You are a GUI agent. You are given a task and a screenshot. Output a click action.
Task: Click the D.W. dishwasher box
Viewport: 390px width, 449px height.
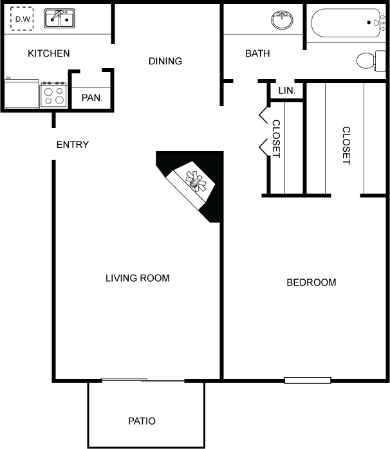[x=22, y=19]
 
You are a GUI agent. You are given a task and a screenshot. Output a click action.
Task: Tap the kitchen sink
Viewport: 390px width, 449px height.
[x=59, y=18]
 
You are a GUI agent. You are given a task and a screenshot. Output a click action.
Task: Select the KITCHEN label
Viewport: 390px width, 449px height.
[x=49, y=53]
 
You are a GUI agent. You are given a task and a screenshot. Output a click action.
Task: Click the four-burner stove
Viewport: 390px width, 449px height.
[x=53, y=95]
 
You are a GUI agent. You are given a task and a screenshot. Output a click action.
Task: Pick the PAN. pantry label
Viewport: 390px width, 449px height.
[x=92, y=98]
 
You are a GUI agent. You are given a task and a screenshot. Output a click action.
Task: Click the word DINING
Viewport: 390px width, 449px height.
[x=165, y=61]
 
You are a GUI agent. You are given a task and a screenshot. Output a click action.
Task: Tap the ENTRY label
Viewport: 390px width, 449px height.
[x=73, y=145]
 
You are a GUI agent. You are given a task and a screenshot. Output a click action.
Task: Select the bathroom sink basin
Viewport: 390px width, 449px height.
[x=283, y=20]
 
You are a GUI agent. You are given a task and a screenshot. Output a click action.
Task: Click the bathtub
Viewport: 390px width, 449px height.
[x=348, y=23]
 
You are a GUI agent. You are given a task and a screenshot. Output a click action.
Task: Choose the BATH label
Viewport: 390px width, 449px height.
[x=257, y=53]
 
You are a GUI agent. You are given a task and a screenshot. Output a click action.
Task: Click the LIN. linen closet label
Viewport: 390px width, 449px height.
[x=286, y=91]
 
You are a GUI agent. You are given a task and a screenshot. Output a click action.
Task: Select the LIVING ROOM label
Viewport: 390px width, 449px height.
[x=138, y=278]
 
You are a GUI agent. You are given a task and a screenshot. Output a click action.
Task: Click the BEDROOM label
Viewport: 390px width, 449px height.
[x=311, y=282]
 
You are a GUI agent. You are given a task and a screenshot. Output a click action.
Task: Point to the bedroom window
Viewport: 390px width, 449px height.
[x=308, y=380]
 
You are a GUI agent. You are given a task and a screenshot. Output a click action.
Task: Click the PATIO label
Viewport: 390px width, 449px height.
[x=142, y=421]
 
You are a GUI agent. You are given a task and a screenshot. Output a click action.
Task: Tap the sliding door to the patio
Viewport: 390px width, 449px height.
[x=144, y=380]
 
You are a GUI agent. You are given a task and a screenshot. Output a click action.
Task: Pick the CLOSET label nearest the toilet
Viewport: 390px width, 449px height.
[x=346, y=145]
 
